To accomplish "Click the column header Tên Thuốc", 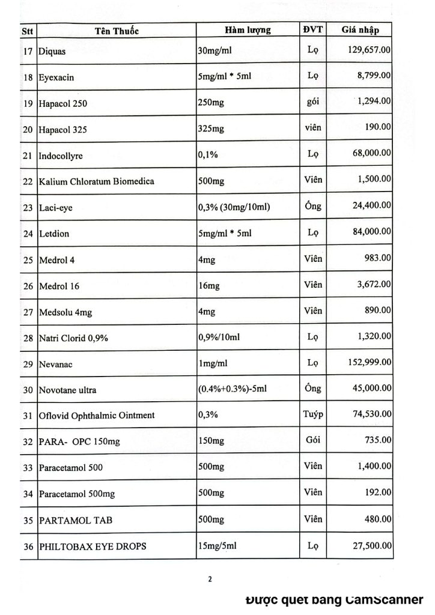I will (x=117, y=31).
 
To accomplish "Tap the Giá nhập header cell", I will (x=359, y=30).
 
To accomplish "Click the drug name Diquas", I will (x=52, y=52).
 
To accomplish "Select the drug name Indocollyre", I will (x=60, y=156).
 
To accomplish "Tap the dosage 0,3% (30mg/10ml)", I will (x=233, y=207).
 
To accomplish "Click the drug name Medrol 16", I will (x=59, y=286).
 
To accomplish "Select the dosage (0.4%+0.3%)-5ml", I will (x=231, y=389).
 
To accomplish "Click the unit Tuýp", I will (x=312, y=414).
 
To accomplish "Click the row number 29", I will (x=28, y=364).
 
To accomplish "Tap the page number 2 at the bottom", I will (x=210, y=580).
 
